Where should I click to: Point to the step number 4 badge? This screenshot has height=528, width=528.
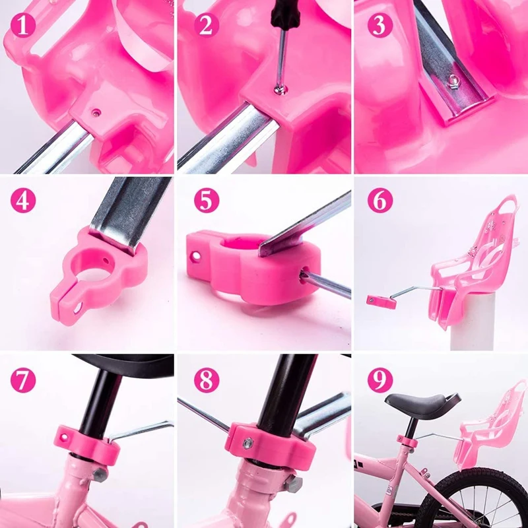(24, 201)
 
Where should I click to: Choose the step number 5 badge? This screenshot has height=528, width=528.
(206, 201)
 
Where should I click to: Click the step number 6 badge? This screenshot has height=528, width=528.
(380, 201)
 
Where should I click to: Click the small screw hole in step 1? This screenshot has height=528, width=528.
(98, 113)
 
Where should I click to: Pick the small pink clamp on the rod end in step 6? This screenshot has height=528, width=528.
(381, 301)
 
